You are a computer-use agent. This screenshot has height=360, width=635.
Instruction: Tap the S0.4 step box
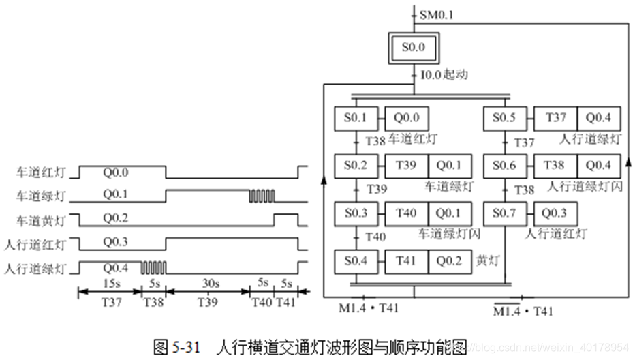(356, 261)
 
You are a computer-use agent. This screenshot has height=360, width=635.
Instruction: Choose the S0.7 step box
(505, 213)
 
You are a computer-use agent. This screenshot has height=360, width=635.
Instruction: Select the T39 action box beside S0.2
(406, 166)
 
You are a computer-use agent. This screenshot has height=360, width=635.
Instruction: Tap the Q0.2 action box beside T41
(450, 261)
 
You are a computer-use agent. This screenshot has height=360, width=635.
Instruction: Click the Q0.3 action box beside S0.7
(555, 213)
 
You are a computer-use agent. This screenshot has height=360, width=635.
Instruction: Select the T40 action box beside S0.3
(406, 213)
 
